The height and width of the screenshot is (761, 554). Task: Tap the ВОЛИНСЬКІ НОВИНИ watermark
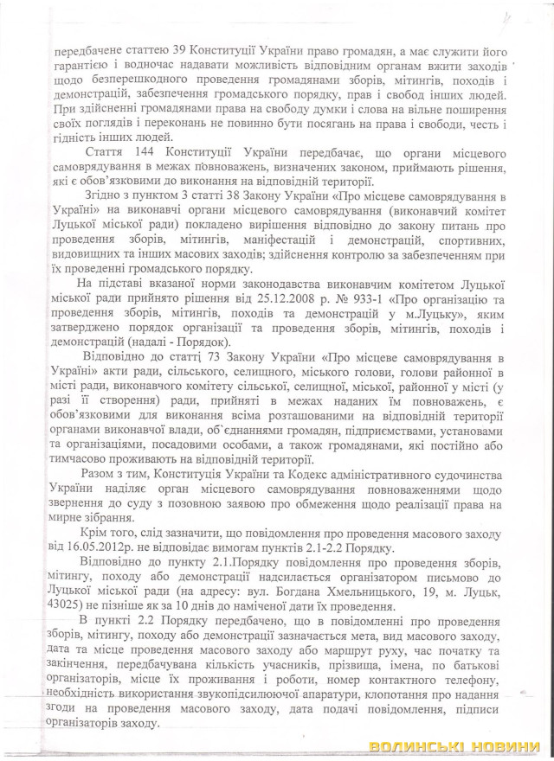(x=458, y=745)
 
